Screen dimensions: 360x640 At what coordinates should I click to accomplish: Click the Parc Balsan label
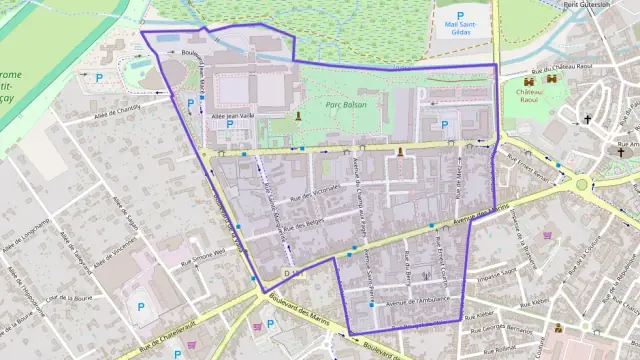pos(344,104)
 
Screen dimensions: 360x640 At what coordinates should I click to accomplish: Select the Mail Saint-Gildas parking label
pos(459,30)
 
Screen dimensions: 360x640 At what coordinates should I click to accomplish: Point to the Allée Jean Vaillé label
pos(230,116)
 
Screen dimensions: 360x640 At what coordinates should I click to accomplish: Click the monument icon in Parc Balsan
pos(297,117)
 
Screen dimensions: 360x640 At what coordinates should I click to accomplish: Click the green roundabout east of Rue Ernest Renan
pos(582,184)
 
